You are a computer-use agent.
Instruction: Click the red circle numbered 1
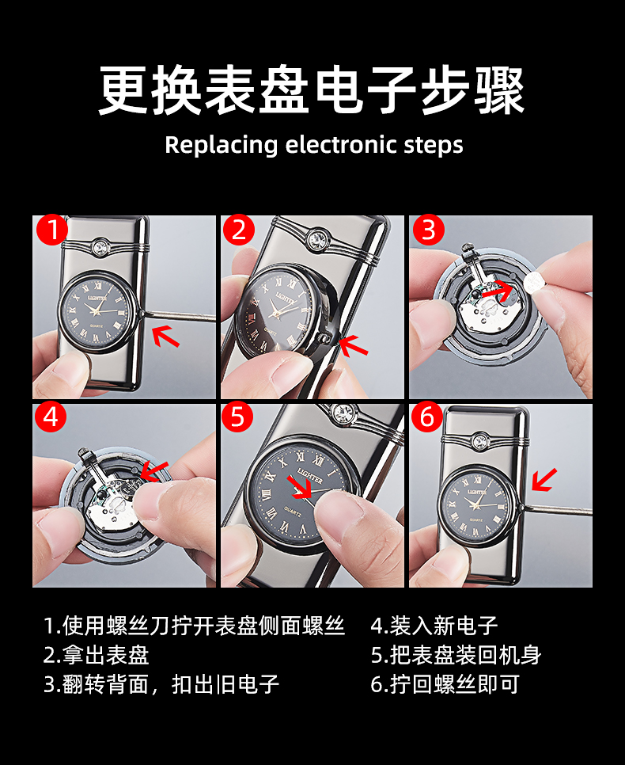click(52, 230)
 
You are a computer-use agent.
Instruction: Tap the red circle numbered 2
click(239, 230)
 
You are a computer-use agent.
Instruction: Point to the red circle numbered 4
click(51, 417)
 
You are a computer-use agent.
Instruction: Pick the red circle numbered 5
click(237, 417)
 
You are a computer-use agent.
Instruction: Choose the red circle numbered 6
click(427, 417)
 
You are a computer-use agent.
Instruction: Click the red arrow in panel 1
click(166, 337)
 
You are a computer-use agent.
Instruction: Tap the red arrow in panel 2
click(353, 345)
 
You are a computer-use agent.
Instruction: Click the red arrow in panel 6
click(544, 480)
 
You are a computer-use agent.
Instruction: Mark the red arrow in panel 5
click(299, 487)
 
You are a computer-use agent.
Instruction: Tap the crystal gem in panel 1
click(102, 245)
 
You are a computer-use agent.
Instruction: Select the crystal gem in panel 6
click(482, 441)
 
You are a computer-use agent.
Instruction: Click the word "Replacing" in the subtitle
click(222, 146)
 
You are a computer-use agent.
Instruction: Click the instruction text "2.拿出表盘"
click(96, 655)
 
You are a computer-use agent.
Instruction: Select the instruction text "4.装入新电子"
click(434, 626)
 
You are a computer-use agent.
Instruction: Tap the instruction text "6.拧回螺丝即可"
click(445, 684)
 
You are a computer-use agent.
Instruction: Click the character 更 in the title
click(123, 90)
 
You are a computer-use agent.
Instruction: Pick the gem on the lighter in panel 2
click(318, 238)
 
